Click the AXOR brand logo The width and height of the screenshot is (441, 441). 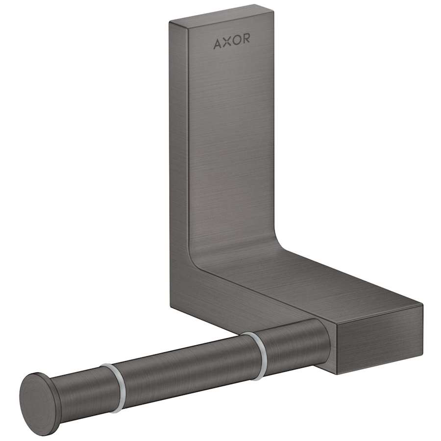pos(231,43)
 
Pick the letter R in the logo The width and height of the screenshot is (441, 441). pos(245,43)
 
